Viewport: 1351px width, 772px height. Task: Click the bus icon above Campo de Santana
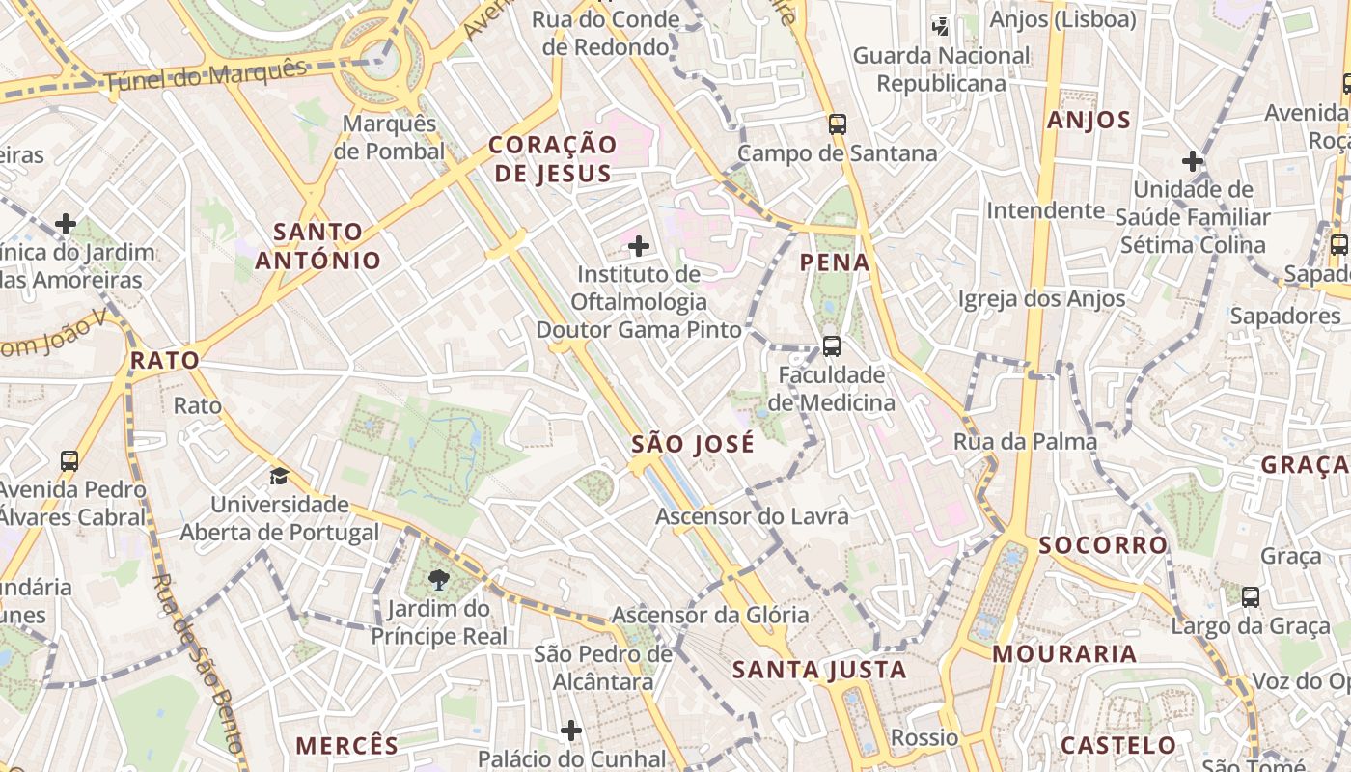tap(837, 124)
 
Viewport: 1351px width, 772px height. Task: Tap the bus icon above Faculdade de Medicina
tap(831, 345)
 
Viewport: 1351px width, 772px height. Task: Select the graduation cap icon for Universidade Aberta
tap(279, 476)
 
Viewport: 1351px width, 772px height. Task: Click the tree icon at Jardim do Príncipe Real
tap(439, 579)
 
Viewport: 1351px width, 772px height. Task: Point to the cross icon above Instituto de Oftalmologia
tap(638, 245)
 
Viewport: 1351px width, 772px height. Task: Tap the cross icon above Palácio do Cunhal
tap(571, 731)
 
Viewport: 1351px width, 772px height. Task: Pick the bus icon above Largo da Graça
tap(1251, 596)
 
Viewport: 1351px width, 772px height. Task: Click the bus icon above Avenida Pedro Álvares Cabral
tap(69, 460)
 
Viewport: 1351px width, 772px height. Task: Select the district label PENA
tap(835, 262)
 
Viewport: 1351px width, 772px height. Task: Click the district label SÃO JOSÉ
tap(693, 445)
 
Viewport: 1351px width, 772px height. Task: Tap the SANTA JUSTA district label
tap(819, 670)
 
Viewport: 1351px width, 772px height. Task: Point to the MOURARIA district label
tap(1064, 654)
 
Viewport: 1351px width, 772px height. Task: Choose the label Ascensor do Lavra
tap(752, 516)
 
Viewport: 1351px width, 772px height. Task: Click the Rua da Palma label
tap(1025, 442)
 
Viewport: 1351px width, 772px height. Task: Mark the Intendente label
tap(1045, 210)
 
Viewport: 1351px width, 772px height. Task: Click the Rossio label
tap(924, 738)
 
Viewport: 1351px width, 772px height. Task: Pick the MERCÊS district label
tap(346, 746)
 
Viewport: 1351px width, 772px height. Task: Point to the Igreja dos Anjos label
tap(1041, 299)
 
